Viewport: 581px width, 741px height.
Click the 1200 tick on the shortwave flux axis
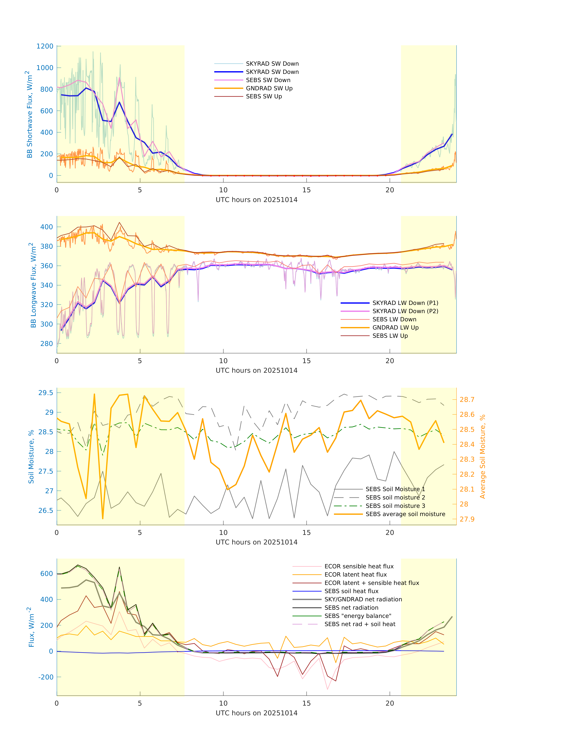[x=45, y=46]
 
